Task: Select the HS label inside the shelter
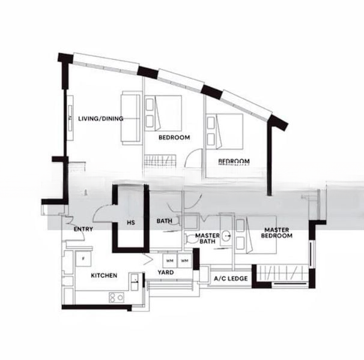130,223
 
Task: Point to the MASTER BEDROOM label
277,233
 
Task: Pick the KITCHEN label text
103,275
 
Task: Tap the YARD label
166,272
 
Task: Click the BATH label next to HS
165,221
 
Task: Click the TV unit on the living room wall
70,118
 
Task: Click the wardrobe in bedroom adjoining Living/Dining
160,160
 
